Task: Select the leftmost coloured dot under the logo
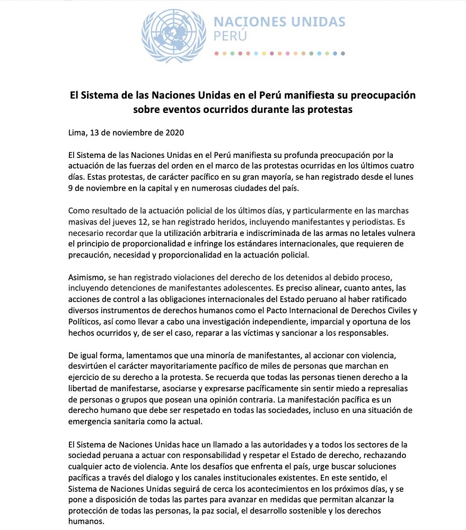216,54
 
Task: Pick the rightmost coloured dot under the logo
344,54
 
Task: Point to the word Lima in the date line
78,132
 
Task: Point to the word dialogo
159,479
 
